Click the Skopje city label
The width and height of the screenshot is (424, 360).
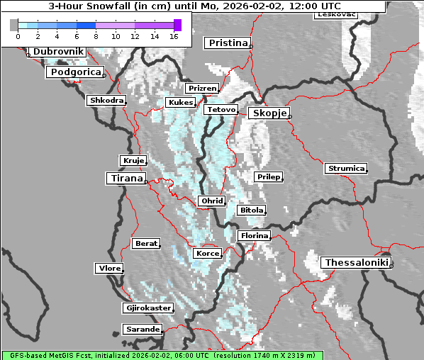click(x=268, y=113)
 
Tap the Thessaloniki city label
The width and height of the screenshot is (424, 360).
click(x=356, y=262)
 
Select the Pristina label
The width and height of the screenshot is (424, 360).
click(x=228, y=43)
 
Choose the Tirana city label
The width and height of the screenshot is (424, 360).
click(x=125, y=178)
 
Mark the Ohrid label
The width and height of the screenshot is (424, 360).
click(x=211, y=201)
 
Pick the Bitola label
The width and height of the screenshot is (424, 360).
click(x=251, y=210)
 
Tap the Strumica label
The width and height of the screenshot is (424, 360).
click(x=346, y=169)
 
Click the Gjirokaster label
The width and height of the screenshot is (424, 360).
click(x=147, y=308)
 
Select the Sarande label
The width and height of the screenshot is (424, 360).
click(x=142, y=330)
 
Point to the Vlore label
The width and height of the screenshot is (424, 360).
click(x=108, y=268)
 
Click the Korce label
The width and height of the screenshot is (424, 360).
click(x=207, y=253)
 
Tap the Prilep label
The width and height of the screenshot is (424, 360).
click(x=268, y=176)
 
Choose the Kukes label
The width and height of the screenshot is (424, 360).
click(x=179, y=103)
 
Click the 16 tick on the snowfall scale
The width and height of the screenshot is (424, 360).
click(x=173, y=35)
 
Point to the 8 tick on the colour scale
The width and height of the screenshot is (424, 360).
click(x=95, y=35)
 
